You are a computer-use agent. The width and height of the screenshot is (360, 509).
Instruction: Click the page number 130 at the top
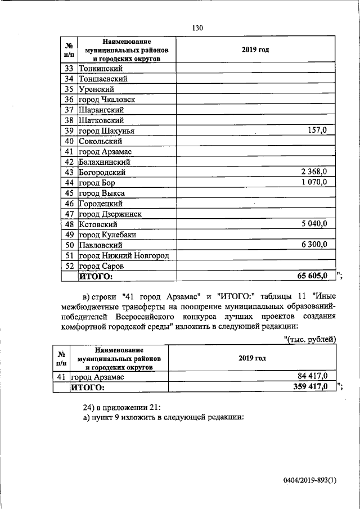197,28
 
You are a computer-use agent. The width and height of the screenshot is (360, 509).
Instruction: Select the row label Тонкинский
101,69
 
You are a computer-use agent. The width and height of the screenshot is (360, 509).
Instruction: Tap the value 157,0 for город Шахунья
317,130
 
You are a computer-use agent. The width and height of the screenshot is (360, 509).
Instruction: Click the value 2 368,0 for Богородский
310,172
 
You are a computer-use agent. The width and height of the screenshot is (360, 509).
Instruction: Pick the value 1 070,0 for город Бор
310,182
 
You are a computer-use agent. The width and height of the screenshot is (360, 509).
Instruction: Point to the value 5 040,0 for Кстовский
310,224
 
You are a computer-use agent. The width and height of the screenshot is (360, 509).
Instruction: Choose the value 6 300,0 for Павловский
310,245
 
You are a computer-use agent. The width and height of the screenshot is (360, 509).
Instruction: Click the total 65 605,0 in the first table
307,276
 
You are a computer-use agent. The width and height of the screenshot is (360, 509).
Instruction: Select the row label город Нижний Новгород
124,255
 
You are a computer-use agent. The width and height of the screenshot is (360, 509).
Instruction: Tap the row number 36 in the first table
70,100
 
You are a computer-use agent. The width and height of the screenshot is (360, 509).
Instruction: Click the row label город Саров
101,265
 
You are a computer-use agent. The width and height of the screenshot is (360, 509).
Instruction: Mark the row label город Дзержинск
110,214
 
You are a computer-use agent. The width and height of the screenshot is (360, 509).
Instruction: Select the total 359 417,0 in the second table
307,387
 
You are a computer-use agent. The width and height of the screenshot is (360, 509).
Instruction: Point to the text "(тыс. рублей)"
310,339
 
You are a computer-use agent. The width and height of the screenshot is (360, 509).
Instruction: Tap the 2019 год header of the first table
255,49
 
